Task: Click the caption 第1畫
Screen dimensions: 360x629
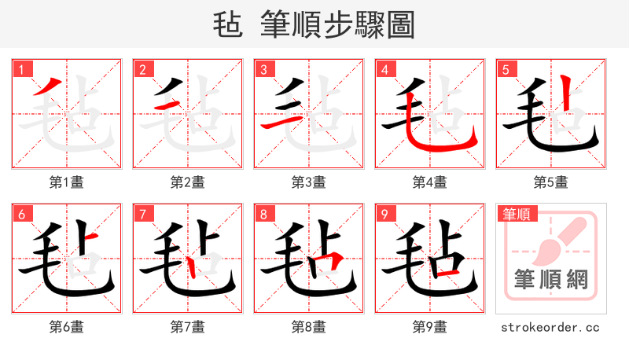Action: point(67,182)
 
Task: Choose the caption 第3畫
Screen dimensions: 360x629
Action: point(309,182)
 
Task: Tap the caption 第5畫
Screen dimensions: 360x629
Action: point(551,182)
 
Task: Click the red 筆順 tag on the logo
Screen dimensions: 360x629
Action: point(517,214)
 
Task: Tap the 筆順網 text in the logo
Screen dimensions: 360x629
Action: point(551,280)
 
